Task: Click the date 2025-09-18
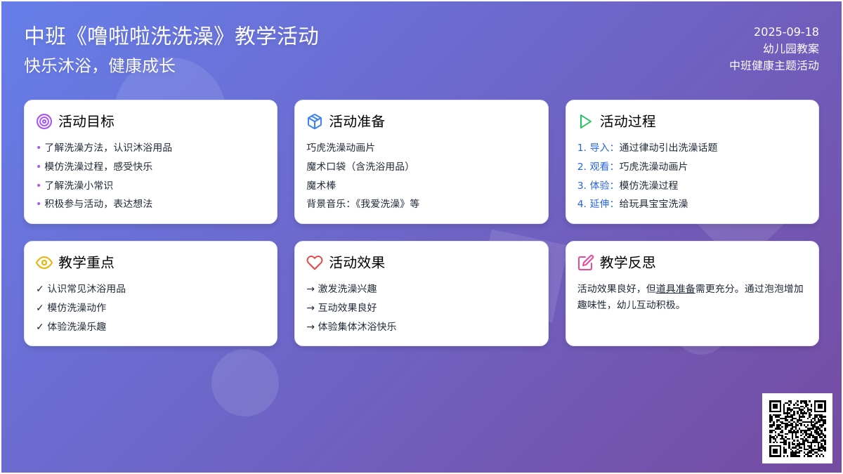click(786, 32)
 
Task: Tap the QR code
click(797, 428)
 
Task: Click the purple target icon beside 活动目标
click(44, 121)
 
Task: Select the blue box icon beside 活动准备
click(315, 121)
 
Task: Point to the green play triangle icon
click(585, 121)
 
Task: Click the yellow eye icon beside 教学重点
click(44, 263)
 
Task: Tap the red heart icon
click(315, 263)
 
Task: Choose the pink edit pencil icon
click(586, 263)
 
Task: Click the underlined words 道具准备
click(675, 289)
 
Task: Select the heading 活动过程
click(628, 121)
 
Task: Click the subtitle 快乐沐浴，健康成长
click(100, 65)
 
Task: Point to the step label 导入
click(599, 147)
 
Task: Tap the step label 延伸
click(599, 204)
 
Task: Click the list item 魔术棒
click(321, 185)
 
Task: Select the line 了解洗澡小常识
click(79, 185)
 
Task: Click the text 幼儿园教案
click(791, 48)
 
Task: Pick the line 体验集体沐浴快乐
click(357, 327)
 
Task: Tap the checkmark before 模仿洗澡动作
click(40, 308)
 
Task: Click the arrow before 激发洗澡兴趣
click(311, 289)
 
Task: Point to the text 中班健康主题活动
click(774, 65)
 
